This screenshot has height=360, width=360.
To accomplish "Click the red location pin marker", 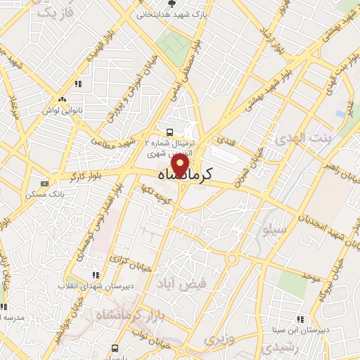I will tap(181, 167).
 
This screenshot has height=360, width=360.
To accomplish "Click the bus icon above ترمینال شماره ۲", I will tap(169, 131).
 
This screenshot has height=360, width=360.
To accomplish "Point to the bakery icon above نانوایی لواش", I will tap(63, 100).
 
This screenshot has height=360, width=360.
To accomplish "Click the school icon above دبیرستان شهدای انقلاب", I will tap(95, 274).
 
